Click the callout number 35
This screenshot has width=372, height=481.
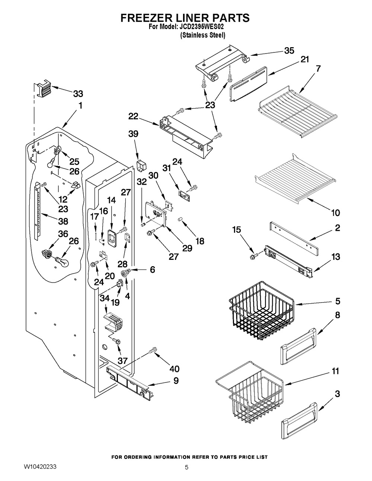289,51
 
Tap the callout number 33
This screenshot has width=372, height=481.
77,94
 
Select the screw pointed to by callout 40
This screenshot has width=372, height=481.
153,350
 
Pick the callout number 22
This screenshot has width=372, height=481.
134,116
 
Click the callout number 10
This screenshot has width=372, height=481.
335,213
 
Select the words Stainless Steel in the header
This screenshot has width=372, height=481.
203,35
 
